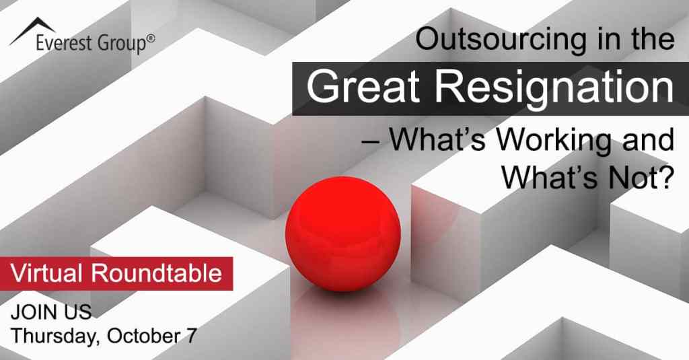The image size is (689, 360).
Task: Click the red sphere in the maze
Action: pos(342,233)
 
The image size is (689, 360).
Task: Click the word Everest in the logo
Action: pos(65,44)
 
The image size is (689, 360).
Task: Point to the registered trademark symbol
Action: pos(151,38)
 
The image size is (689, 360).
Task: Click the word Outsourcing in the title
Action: pos(501,39)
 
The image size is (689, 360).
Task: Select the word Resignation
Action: pos(554,88)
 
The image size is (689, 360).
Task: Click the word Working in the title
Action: pos(553,140)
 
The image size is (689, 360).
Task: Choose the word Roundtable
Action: pos(156,273)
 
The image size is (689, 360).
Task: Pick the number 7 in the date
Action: pos(191,336)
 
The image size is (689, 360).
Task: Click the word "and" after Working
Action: pos(648,139)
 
